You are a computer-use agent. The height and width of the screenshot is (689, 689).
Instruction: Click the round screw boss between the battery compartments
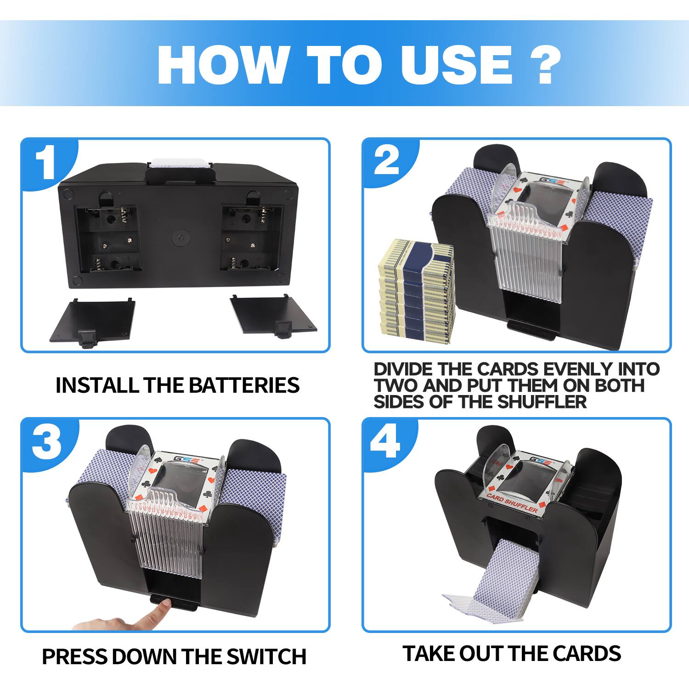click(x=180, y=237)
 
